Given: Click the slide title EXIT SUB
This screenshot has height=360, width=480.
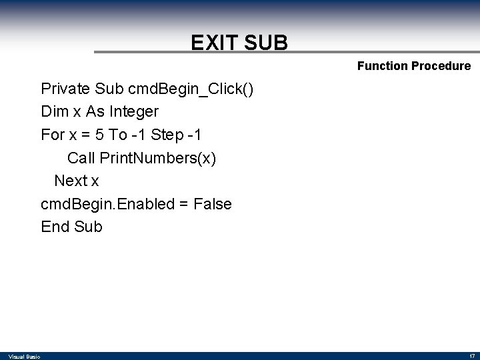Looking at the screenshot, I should coord(239,43).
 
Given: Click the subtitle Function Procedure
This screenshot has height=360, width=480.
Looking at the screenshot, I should coord(413,66).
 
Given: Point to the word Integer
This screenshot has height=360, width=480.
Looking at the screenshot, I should coord(135,111).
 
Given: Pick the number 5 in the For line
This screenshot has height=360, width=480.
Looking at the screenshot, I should coord(99,135).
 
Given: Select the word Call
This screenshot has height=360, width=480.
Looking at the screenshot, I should coord(81,158).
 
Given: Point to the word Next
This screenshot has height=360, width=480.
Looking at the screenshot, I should coord(69,181).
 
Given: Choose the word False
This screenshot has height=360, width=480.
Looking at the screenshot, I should coord(212,204).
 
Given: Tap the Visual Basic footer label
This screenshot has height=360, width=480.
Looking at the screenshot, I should coord(24,356).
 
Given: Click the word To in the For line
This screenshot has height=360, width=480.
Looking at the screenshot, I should coord(118,135).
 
